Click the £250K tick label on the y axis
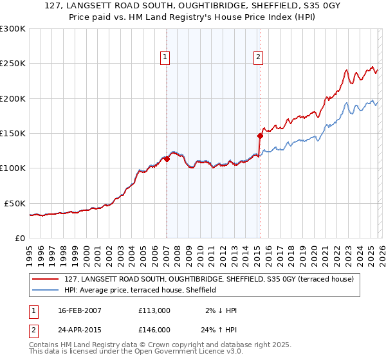(x=13, y=64)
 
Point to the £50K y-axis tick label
(x=15, y=203)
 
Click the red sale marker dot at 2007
(x=167, y=159)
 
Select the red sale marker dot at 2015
(x=260, y=136)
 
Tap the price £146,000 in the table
(x=154, y=329)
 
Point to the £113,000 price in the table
(x=154, y=310)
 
